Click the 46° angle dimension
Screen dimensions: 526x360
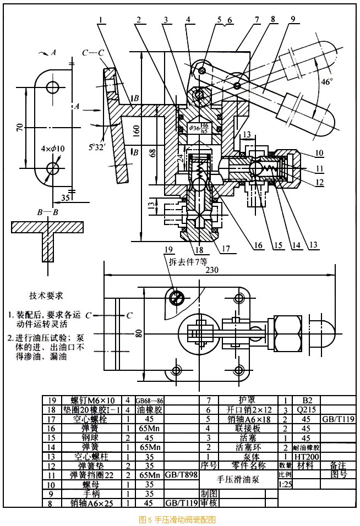tap(326, 82)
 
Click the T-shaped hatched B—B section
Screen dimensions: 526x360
tap(48, 237)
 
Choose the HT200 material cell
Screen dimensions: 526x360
tap(301, 456)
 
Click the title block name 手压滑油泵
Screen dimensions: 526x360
tap(237, 479)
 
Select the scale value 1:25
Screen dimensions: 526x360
tap(286, 485)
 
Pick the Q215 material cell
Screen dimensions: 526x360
tap(301, 409)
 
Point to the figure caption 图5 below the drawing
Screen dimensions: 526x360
tap(177, 519)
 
